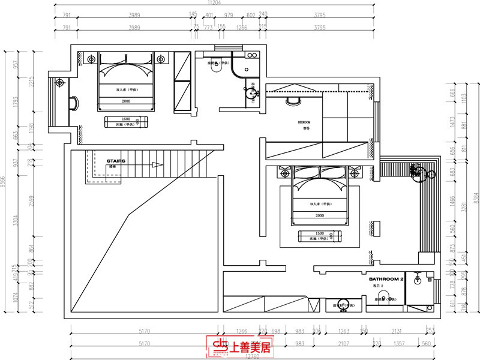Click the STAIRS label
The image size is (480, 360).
click(116, 161)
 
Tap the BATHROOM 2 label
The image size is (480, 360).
click(386, 280)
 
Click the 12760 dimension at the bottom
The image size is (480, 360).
click(251, 356)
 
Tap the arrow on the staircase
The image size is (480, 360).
click(157, 164)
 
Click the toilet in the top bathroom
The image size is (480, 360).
click(216, 70)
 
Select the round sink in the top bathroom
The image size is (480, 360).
click(252, 94)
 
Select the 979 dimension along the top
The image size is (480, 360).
click(229, 16)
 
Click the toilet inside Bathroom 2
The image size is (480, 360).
click(390, 298)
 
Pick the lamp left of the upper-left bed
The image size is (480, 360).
click(91, 59)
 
